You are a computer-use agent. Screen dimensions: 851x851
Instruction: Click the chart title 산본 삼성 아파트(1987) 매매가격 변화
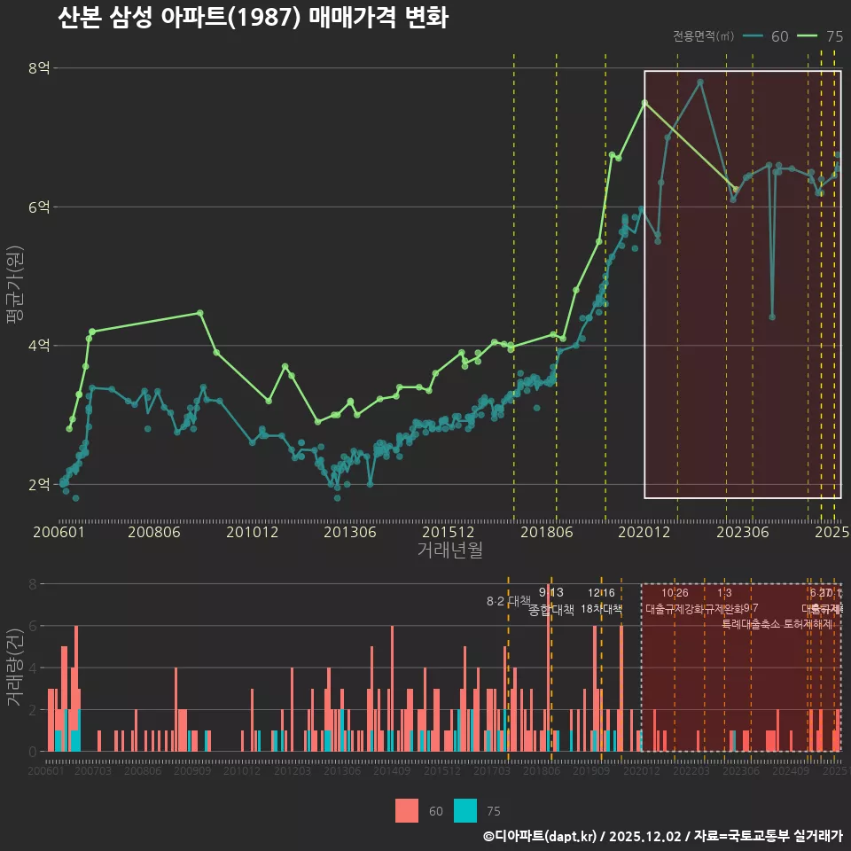tap(253, 19)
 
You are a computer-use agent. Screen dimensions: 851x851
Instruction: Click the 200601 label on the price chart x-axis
tap(59, 532)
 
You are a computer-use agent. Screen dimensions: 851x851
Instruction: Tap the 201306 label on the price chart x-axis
tap(350, 532)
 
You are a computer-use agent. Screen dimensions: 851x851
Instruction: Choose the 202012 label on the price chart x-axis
tap(643, 532)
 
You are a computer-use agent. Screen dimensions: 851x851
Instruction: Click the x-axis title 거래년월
tap(450, 550)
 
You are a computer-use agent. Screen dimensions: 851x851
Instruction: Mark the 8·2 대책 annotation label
tap(508, 601)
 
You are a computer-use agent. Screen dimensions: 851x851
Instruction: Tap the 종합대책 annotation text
tap(551, 610)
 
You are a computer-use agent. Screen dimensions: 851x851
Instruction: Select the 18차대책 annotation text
tap(602, 609)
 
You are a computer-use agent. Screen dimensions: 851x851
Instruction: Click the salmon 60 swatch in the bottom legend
tap(407, 810)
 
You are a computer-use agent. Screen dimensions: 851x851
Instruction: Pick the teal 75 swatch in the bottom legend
tap(465, 810)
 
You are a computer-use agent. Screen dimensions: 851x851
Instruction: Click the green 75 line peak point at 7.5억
tap(644, 103)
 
